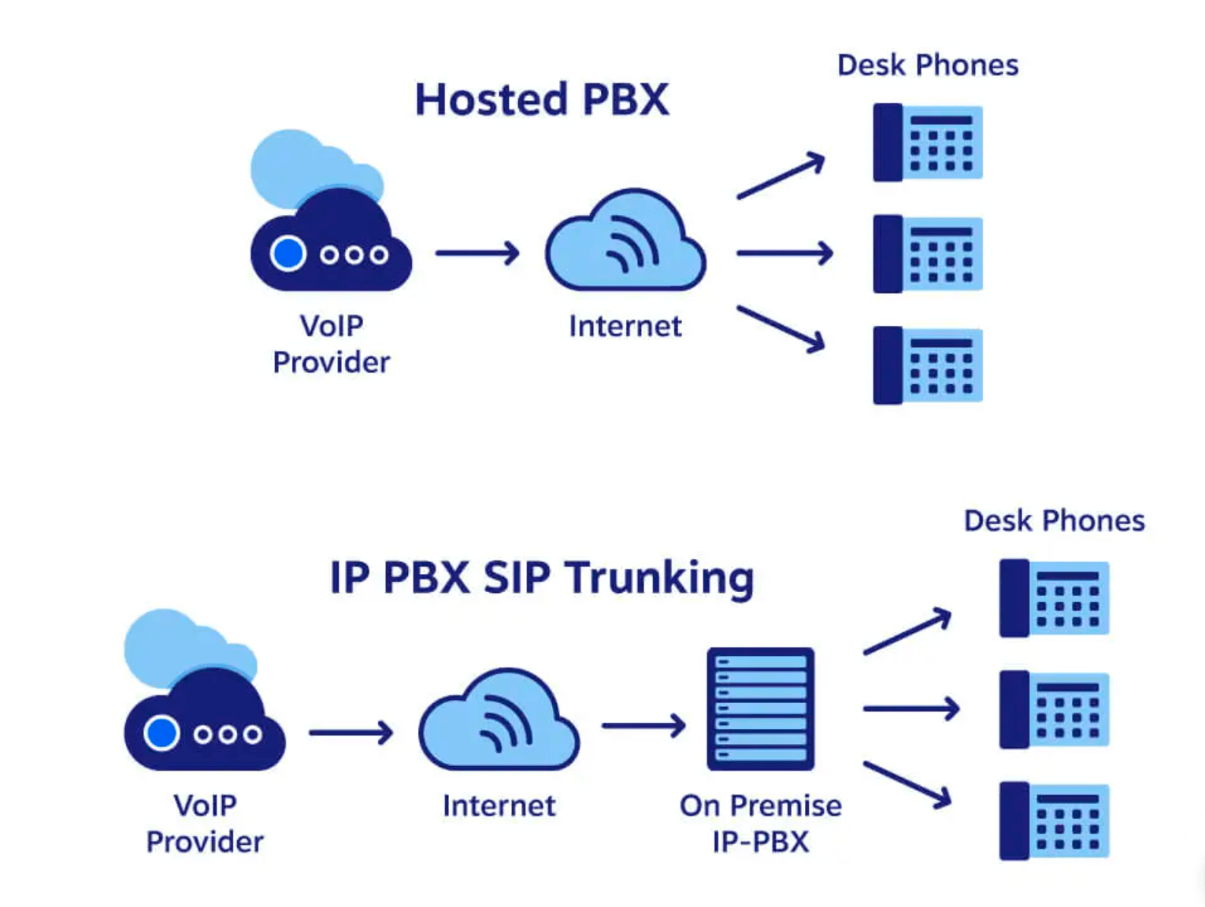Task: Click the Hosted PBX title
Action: point(542,100)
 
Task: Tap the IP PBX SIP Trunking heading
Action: point(542,578)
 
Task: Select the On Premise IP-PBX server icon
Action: point(760,709)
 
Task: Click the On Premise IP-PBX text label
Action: point(760,823)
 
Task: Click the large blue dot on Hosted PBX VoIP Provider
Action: point(288,254)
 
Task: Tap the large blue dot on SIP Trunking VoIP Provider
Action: point(161,733)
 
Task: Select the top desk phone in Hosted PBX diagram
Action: point(928,143)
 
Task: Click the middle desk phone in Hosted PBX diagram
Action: point(928,254)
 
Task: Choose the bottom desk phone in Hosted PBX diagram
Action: point(928,365)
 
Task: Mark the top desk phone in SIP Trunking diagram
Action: point(1054,598)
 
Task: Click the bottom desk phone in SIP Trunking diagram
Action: point(1054,820)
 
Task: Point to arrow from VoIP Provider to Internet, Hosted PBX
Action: point(477,254)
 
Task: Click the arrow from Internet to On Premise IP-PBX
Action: point(643,725)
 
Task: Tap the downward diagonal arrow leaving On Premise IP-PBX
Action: point(907,784)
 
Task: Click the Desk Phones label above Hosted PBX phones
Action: point(928,65)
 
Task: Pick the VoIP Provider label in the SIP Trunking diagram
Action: point(205,823)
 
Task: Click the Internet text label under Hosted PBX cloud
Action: point(625,326)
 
